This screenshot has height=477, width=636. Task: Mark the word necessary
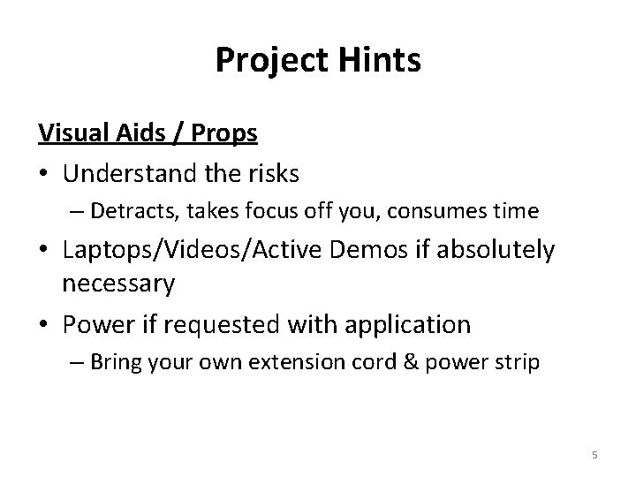(x=118, y=284)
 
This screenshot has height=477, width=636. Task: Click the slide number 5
(x=594, y=455)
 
